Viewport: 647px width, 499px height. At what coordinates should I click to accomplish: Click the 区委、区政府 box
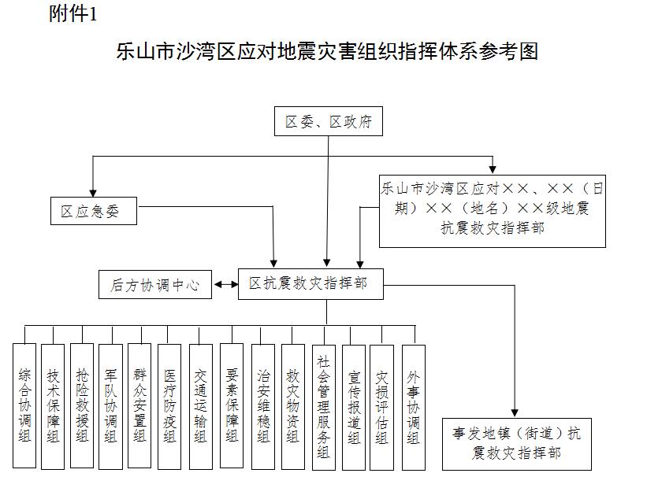329,122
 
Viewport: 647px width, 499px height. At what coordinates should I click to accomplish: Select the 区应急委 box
93,212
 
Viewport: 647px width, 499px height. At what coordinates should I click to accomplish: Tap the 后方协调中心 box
155,285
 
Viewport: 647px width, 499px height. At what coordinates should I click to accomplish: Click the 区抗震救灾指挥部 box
310,283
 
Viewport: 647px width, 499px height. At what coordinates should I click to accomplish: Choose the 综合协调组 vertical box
24,405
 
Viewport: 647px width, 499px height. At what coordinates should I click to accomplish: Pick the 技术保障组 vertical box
53,405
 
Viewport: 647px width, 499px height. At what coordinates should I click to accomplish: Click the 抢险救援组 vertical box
82,405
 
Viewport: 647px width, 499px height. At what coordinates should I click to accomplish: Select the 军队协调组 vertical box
110,405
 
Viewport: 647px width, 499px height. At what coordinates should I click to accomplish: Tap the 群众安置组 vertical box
139,405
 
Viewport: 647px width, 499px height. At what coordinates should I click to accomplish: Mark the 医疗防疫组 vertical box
169,405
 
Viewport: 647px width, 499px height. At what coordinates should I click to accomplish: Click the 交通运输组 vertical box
201,405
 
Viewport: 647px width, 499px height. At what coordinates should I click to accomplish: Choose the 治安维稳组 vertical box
263,405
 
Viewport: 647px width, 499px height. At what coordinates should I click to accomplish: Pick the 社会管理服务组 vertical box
323,405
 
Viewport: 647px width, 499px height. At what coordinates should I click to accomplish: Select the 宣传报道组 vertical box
354,405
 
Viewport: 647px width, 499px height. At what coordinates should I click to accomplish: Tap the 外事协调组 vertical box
413,405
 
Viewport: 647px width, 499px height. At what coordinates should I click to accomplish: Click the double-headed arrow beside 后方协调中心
225,284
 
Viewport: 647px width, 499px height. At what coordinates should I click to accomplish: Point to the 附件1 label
73,16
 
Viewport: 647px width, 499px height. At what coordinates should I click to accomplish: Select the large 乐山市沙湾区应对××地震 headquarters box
493,209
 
